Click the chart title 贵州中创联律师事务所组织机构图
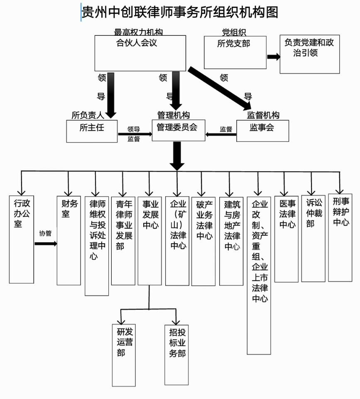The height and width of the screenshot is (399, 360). click(179, 12)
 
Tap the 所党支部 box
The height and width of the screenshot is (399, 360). click(235, 52)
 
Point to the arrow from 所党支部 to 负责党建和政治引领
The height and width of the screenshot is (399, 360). click(273, 57)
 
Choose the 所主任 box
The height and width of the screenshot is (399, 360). click(92, 131)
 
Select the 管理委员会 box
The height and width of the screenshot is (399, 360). click(178, 130)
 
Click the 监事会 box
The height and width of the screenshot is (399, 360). click(262, 131)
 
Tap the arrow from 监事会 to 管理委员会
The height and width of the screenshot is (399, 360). click(221, 134)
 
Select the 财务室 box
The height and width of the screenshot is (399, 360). click(69, 240)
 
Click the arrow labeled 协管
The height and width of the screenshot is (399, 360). click(45, 244)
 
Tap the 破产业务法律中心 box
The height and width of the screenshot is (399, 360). click(203, 240)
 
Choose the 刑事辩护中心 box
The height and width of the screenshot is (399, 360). click(340, 237)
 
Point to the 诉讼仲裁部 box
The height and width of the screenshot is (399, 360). click(313, 238)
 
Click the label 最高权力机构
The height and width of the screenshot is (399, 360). click(138, 32)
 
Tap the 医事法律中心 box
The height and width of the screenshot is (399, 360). click(286, 238)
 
